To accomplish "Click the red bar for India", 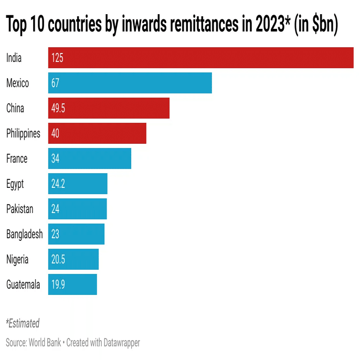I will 200,58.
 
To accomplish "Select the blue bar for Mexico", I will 130,83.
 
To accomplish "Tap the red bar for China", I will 109,108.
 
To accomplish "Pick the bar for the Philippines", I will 97,133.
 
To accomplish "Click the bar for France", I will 90,158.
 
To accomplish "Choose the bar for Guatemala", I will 72,284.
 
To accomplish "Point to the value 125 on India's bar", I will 57,58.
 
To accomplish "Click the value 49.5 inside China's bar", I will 58,108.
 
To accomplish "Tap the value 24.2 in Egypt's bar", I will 58,184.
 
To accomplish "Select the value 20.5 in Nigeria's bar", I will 58,259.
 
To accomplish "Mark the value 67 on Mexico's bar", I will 56,83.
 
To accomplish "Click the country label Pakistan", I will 19,209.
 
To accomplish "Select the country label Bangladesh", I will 24,234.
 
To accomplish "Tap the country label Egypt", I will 15,184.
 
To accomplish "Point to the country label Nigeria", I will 17,259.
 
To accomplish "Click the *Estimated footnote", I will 23,323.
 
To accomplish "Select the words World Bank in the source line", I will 44,343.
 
